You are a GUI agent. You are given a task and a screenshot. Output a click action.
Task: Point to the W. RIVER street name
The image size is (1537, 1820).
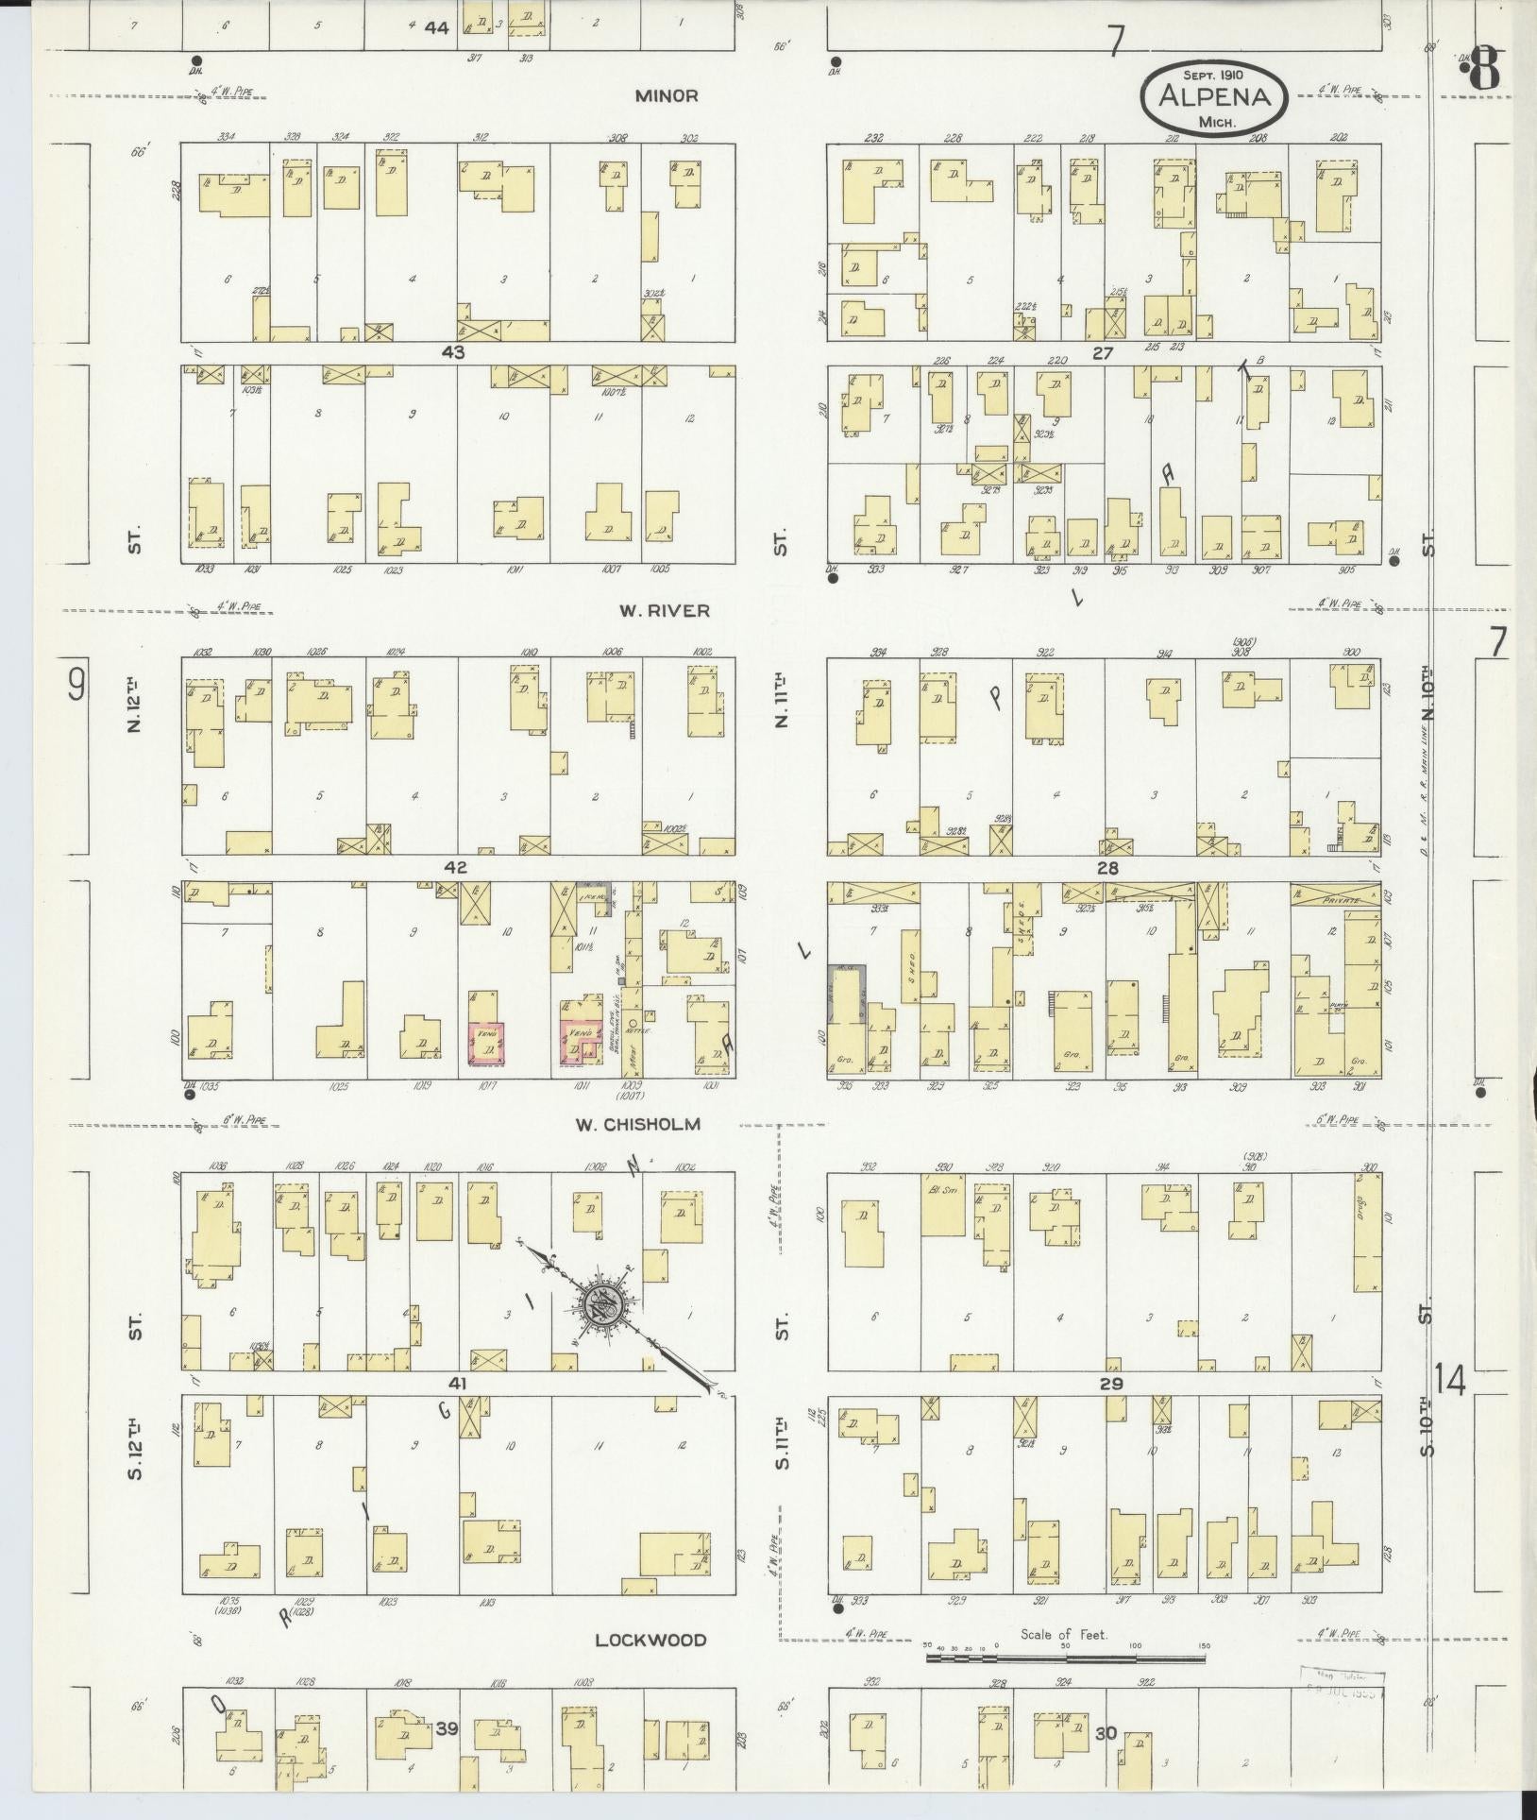(664, 610)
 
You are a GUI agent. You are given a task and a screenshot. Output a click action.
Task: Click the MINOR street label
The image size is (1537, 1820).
(666, 95)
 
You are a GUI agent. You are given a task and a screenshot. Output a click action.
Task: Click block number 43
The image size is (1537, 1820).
(457, 351)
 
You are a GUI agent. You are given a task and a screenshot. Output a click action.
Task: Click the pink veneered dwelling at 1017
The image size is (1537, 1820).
(487, 1043)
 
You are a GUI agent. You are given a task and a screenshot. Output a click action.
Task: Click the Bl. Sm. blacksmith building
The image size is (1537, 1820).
(942, 1203)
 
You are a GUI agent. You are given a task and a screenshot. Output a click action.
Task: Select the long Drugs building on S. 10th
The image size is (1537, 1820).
(1366, 1233)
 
